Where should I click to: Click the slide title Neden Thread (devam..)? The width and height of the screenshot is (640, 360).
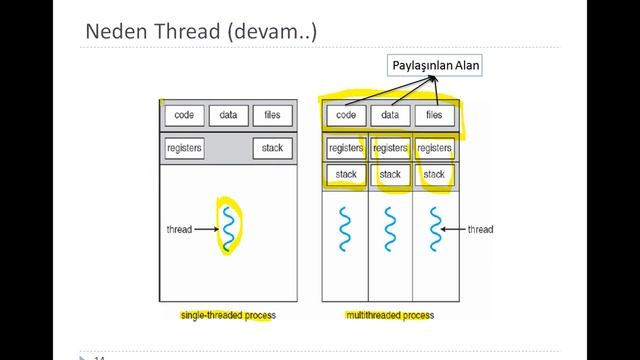pyautogui.click(x=200, y=32)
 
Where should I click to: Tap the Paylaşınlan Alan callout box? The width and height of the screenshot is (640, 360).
pyautogui.click(x=435, y=67)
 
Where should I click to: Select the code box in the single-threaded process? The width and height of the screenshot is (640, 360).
pyautogui.click(x=184, y=115)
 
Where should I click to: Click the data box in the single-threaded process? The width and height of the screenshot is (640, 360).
pyautogui.click(x=228, y=115)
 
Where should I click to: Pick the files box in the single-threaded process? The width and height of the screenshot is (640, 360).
pyautogui.click(x=272, y=115)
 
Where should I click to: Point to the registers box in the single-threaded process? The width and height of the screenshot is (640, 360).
pyautogui.click(x=184, y=148)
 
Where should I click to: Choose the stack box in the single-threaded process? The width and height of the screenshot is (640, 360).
pyautogui.click(x=272, y=148)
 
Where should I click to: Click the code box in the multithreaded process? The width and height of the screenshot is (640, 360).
pyautogui.click(x=346, y=115)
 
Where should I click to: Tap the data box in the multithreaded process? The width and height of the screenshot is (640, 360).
pyautogui.click(x=390, y=115)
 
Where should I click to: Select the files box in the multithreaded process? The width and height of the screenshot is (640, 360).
pyautogui.click(x=434, y=115)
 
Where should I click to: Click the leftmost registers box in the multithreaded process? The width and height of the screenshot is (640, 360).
pyautogui.click(x=346, y=149)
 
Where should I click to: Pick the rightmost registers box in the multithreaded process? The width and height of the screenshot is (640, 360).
pyautogui.click(x=434, y=149)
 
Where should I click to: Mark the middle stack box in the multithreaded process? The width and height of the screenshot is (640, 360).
pyautogui.click(x=390, y=174)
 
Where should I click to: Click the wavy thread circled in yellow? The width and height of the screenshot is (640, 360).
pyautogui.click(x=229, y=228)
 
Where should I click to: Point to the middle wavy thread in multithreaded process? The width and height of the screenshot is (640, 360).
pyautogui.click(x=390, y=228)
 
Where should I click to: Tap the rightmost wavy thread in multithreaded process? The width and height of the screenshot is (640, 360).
pyautogui.click(x=435, y=228)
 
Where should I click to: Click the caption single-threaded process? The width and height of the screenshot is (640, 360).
pyautogui.click(x=228, y=315)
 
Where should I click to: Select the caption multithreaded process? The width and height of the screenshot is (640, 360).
pyautogui.click(x=390, y=315)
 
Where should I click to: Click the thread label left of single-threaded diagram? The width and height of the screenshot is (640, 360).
pyautogui.click(x=179, y=229)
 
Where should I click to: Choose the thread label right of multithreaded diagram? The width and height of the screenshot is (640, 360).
pyautogui.click(x=480, y=229)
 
